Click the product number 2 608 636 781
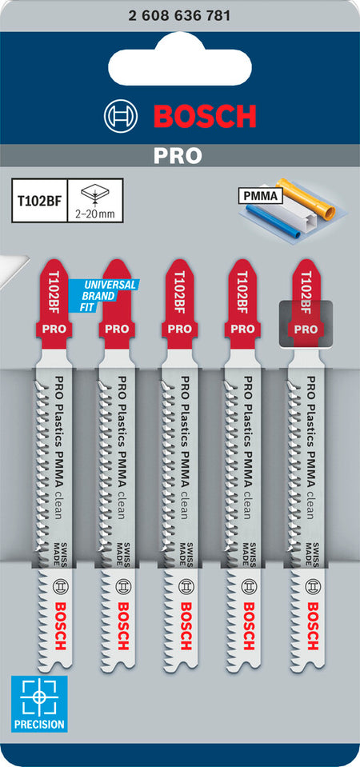(179, 16)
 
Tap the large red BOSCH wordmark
(205, 116)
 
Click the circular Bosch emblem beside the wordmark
(120, 116)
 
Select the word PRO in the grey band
(178, 155)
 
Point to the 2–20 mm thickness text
(94, 214)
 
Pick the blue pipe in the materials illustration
(273, 221)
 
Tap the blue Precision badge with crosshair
(39, 703)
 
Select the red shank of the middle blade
(179, 304)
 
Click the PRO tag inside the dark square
(306, 330)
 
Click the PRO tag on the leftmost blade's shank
(54, 330)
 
